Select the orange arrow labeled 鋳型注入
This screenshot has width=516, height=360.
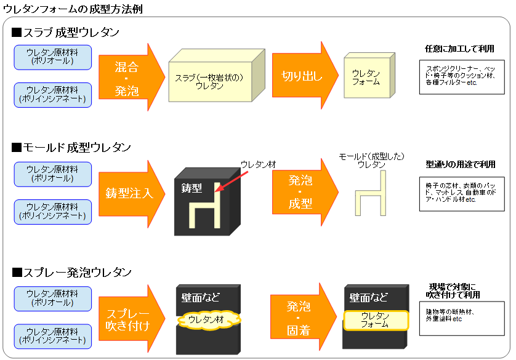128,193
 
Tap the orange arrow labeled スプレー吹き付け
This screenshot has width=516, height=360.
128,319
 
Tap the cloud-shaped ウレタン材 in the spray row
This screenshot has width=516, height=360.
209,319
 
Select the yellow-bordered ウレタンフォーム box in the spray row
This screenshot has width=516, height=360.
376,320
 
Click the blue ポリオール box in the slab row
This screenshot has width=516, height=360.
52,57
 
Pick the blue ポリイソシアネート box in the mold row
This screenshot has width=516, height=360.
52,213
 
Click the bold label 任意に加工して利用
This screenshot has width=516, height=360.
459,49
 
